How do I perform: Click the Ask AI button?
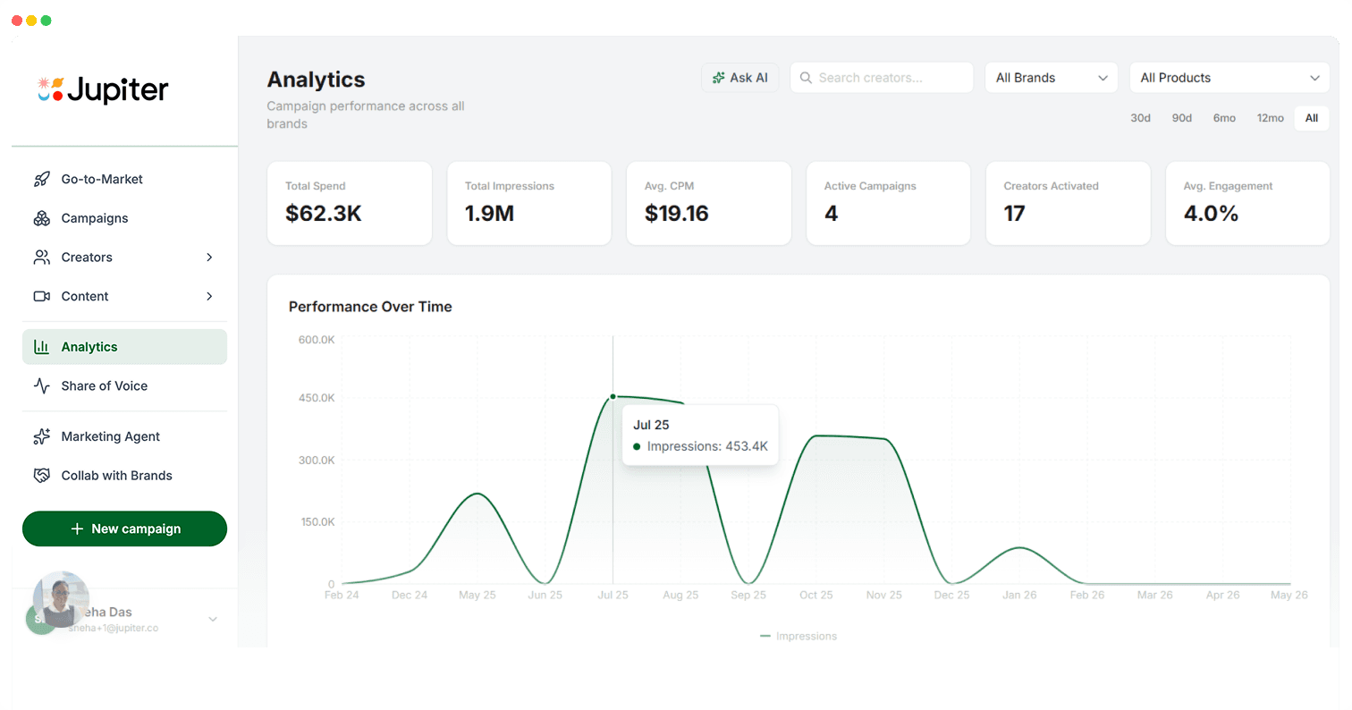740,78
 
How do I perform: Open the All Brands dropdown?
1051,78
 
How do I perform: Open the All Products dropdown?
1229,78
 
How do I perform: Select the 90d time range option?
1182,118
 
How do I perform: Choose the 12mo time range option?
1270,118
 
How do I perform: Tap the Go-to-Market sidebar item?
102,179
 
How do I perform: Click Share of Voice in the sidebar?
104,386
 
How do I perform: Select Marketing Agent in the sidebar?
110,436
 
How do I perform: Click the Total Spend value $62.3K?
324,214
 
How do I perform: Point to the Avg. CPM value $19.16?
676,214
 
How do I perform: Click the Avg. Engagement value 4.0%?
1211,214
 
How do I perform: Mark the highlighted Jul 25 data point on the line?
613,396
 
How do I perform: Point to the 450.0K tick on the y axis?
317,398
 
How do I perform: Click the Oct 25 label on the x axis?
815,596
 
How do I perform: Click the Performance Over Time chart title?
370,307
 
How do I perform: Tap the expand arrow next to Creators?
209,258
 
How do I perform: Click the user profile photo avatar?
61,599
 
